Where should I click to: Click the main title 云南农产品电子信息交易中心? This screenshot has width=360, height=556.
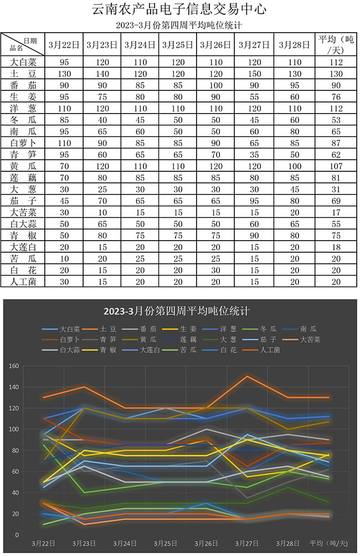pos(179,9)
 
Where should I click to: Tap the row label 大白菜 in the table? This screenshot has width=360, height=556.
pos(23,62)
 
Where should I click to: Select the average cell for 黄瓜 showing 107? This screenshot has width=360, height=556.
pos(336,166)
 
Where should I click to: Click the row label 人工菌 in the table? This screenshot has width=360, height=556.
pos(23,281)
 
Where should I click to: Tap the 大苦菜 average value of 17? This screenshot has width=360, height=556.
pos(336,212)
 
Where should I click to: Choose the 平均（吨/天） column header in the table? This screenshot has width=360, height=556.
pos(336,44)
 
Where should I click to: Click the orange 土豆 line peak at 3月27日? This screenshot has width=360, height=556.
pos(246,376)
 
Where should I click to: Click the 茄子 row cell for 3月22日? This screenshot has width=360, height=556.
pos(64,200)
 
